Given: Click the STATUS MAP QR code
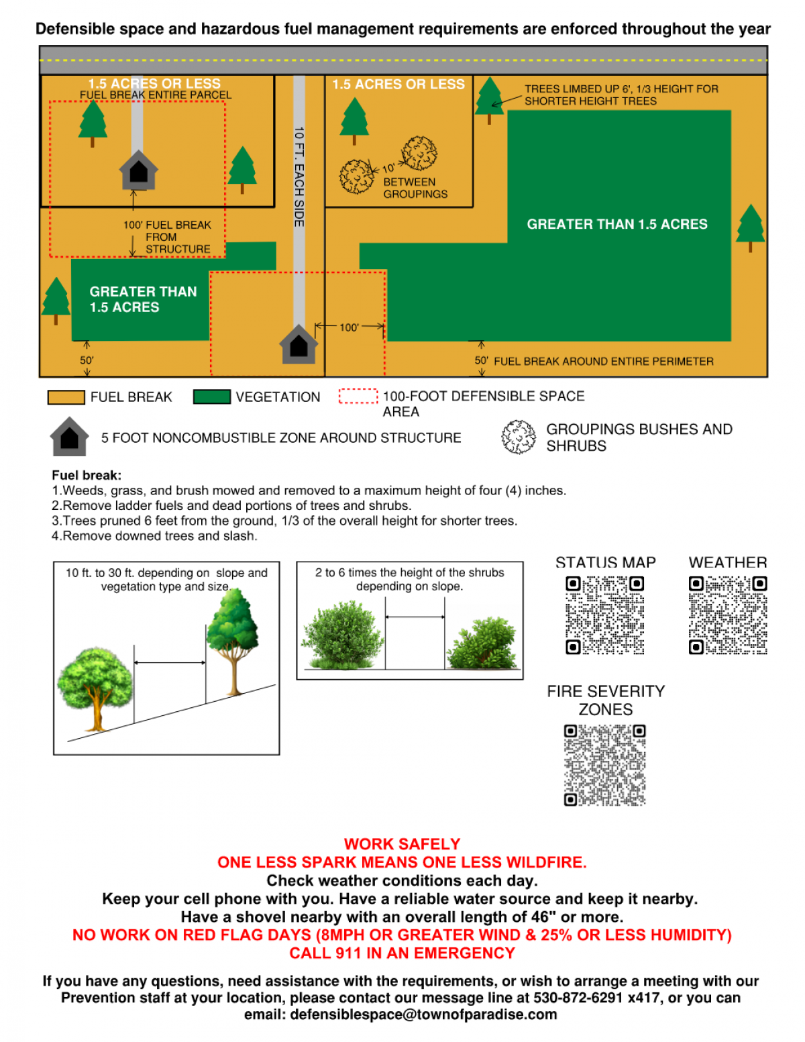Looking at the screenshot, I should (x=604, y=615).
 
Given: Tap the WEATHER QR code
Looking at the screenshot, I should (x=728, y=615).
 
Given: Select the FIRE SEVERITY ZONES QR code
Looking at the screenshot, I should (x=604, y=765).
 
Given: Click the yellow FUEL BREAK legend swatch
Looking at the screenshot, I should (x=66, y=397).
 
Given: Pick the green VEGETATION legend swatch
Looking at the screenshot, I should (x=211, y=397).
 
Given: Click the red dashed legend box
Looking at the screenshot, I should (x=358, y=397).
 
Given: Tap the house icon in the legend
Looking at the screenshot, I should (x=69, y=437).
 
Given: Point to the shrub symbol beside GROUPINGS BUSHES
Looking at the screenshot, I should (x=519, y=437).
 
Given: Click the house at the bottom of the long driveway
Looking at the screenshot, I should (x=299, y=345).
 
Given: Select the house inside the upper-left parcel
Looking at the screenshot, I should (x=138, y=170).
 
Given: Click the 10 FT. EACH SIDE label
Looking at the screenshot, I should (x=299, y=176).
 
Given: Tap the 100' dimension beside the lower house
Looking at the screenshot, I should (x=349, y=327).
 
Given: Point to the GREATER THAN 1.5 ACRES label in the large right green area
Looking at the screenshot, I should (x=616, y=224).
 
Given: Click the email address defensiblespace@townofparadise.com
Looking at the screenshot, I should (x=423, y=1014).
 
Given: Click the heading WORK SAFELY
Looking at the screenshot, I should (x=402, y=844).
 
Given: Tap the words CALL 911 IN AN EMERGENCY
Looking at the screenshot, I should (x=402, y=953).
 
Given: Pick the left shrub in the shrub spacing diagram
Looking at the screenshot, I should (x=343, y=635).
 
